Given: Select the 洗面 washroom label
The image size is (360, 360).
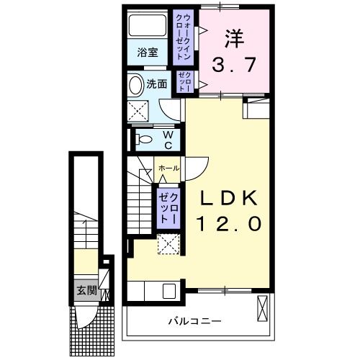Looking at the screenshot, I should [x=157, y=84].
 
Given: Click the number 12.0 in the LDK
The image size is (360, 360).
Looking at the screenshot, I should [x=225, y=225].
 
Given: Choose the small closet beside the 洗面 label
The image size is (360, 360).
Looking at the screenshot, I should [x=184, y=83].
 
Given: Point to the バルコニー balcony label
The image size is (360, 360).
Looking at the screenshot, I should [x=194, y=320].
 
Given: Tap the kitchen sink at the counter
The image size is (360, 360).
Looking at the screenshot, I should [x=170, y=292].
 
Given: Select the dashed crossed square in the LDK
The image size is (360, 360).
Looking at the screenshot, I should [x=169, y=245].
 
